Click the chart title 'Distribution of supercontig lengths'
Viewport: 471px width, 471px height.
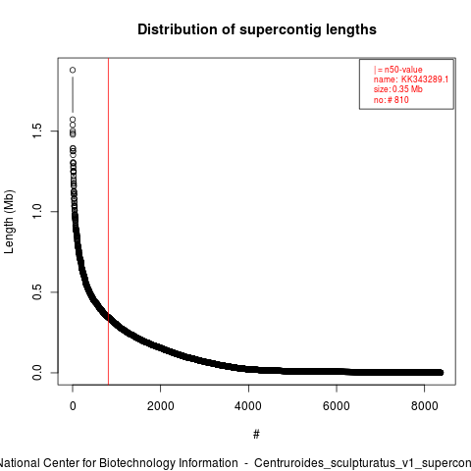(257, 29)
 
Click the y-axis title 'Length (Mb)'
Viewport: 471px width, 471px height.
(9, 222)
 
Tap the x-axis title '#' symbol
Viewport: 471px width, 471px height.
(256, 435)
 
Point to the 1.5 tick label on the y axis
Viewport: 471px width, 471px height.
(37, 131)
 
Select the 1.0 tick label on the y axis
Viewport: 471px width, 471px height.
(37, 211)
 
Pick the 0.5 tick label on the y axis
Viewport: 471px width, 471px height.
(37, 291)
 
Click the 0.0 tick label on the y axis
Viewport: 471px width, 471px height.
(37, 373)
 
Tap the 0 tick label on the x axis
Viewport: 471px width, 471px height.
(73, 406)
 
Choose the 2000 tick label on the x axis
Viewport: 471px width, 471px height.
(161, 406)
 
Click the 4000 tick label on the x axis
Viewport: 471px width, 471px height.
(248, 406)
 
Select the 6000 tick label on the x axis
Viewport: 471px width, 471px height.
(337, 406)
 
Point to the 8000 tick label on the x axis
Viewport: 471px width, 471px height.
(424, 406)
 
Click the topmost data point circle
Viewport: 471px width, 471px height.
(73, 70)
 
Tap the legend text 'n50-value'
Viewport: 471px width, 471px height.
(403, 70)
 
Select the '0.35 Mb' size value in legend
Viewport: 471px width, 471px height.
(407, 89)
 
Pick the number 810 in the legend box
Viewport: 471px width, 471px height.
(401, 100)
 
